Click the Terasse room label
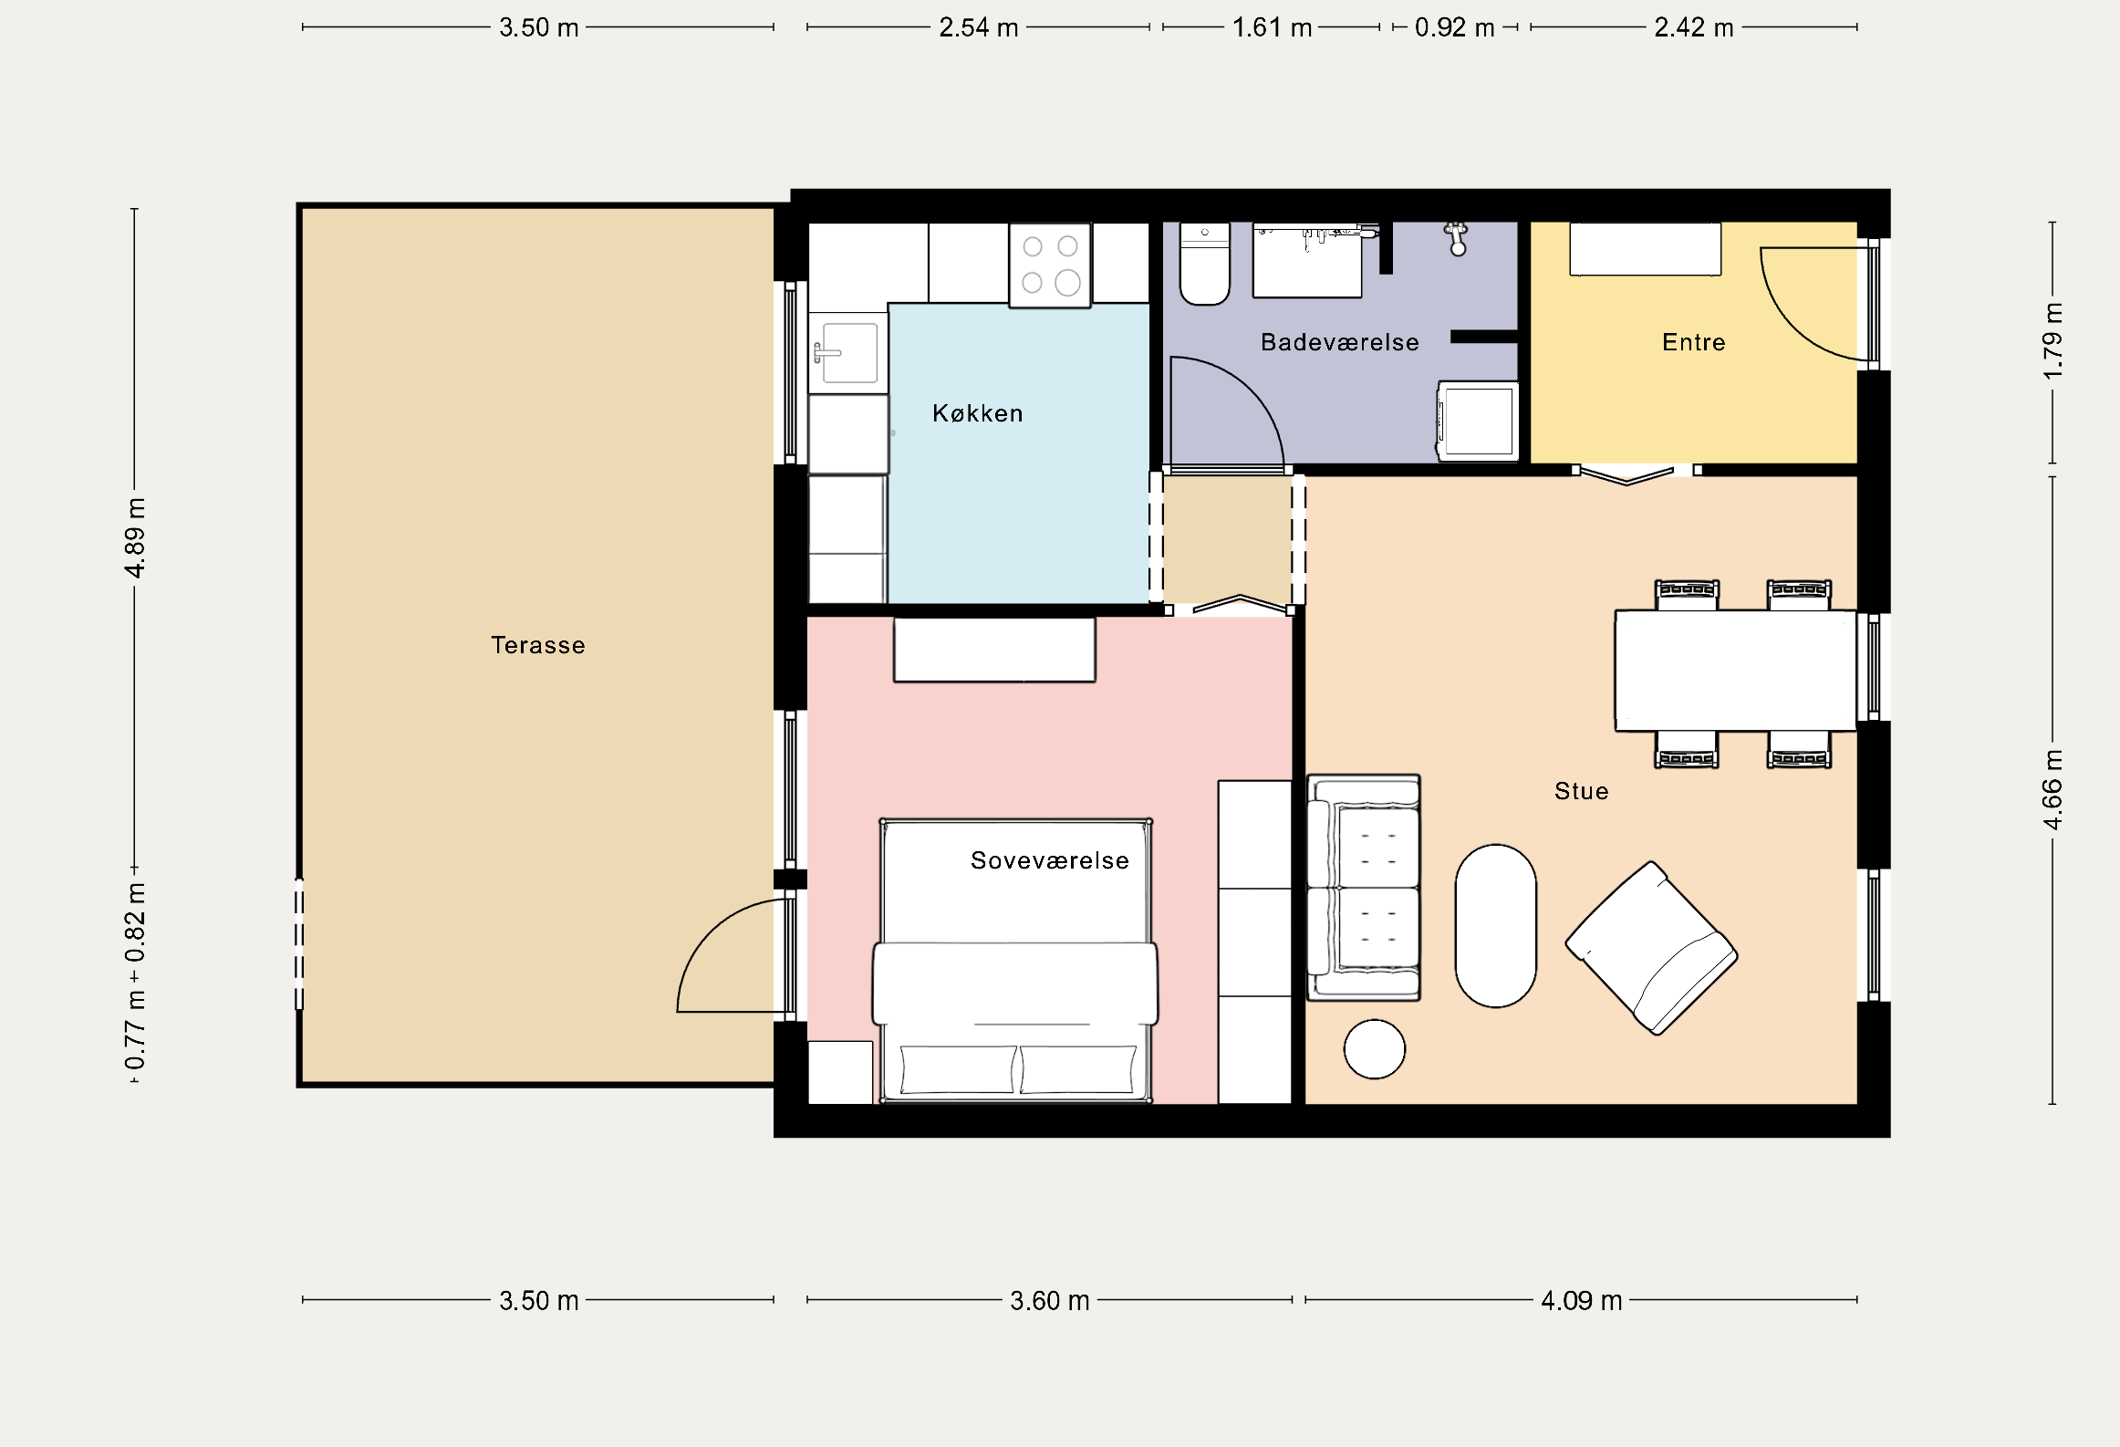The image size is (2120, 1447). tap(538, 645)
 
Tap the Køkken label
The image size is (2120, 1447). tap(978, 413)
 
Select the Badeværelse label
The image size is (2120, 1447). tap(1340, 342)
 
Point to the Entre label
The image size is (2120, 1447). tap(1694, 342)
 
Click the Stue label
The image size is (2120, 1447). tap(1582, 791)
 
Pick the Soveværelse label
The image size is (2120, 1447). tap(1050, 860)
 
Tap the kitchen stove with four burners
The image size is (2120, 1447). tap(1050, 265)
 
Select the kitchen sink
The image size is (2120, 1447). tap(848, 353)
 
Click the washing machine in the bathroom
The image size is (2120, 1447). tap(1478, 421)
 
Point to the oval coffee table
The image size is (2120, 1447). tap(1496, 926)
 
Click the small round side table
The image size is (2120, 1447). tap(1375, 1049)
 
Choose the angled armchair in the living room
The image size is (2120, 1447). tap(1652, 948)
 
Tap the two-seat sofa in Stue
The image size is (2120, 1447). tap(1364, 888)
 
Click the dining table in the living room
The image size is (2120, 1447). tap(1736, 671)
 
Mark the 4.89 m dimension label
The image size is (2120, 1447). tap(135, 538)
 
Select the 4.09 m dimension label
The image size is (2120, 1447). tap(1582, 1300)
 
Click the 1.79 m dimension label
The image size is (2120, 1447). tap(2052, 341)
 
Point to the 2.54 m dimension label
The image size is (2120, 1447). tap(979, 27)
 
